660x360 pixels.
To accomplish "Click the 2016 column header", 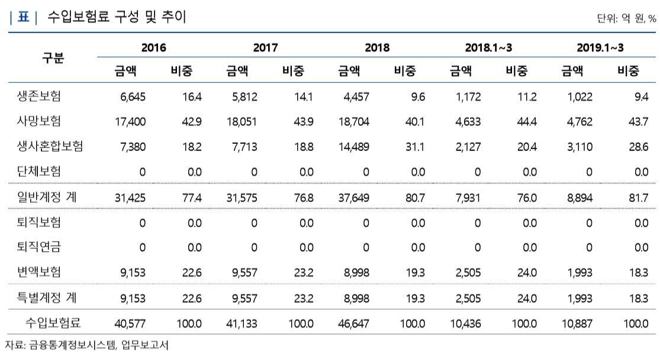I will pos(153,47).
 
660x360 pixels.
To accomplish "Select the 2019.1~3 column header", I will pos(600,47).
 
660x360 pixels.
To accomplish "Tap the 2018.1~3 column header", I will pos(488,47).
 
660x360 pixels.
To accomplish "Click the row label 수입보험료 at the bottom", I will pos(53,323).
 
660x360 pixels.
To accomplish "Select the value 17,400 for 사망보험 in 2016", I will pos(130,121).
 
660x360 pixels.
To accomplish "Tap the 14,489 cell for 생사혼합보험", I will pos(353,146).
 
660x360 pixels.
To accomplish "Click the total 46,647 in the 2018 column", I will pos(353,323).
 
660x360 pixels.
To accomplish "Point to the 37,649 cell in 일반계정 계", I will pos(353,198).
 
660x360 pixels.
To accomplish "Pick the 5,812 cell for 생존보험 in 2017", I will pos(242,96).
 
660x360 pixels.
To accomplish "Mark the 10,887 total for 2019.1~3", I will pos(577,323).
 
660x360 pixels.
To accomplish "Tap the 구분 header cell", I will pos(53,58).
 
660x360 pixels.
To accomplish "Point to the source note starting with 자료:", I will pos(86,345).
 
